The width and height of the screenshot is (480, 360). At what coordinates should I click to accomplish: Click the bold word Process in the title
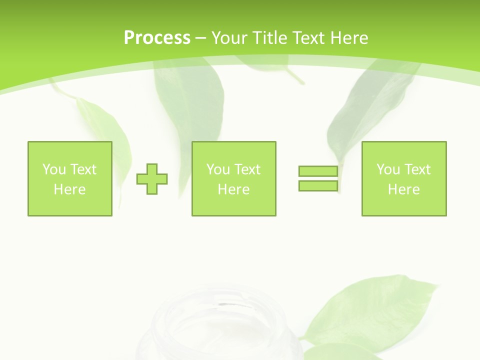coord(157,38)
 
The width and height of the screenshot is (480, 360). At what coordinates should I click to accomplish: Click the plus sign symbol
coord(152,179)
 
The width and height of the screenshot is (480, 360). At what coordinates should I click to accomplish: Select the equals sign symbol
coord(318,178)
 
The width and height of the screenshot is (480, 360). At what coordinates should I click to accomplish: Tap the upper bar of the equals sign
coord(318,171)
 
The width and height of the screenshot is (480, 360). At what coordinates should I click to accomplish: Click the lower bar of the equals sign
coord(318,185)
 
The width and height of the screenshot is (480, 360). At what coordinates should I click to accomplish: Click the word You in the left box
coord(54,169)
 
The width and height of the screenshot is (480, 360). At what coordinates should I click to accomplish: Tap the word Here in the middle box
coord(233,189)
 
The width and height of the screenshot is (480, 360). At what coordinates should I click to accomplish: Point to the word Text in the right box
coord(417,169)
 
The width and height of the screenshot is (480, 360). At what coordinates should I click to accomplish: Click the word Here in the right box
coord(403,189)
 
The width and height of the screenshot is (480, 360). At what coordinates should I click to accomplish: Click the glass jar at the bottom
coord(220,325)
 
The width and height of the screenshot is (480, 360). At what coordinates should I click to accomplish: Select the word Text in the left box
coord(83,169)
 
